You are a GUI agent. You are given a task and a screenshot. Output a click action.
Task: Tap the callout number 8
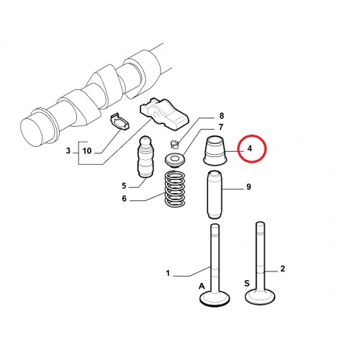[x=221, y=116]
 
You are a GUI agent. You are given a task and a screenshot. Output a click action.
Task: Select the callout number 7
[x=221, y=127]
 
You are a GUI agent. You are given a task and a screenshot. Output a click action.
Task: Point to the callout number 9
[x=248, y=186]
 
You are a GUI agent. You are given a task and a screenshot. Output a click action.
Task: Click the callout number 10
[x=87, y=151]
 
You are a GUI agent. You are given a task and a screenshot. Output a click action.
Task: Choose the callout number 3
[x=68, y=150]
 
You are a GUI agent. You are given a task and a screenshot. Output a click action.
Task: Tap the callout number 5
[x=124, y=186]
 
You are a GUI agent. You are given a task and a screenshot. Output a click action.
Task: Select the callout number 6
[x=124, y=199]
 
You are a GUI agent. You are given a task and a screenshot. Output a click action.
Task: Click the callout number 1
[x=168, y=273]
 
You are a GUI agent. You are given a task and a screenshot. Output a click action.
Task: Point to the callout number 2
[x=283, y=269]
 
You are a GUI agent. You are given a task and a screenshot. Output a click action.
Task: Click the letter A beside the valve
[x=202, y=286]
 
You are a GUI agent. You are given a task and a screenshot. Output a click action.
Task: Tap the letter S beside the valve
[x=247, y=284]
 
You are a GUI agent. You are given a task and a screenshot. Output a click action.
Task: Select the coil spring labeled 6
[x=175, y=188]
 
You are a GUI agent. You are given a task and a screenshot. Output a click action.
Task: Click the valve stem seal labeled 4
[x=215, y=150]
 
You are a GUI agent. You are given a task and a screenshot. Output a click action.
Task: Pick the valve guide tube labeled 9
[x=215, y=194]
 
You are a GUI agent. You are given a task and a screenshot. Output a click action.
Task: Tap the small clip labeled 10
[x=120, y=121]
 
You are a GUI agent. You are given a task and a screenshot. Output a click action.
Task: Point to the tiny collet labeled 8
[x=175, y=143]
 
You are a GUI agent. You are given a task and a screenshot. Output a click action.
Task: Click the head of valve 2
[x=260, y=297]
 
